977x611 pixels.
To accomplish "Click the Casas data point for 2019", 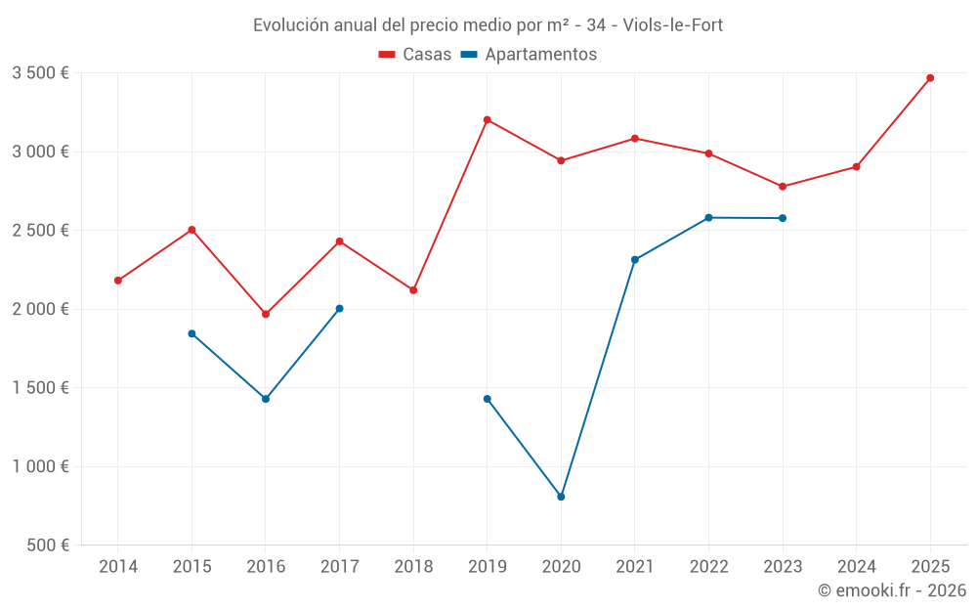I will coord(487,120).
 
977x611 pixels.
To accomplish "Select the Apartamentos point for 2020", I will coord(561,497).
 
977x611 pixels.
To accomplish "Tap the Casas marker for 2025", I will coord(930,78).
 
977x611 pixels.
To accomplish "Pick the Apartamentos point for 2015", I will coord(191,333).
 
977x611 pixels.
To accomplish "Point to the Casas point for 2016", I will coord(266,314).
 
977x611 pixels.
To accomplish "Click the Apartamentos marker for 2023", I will coord(783,218).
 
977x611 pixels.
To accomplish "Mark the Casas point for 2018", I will coord(413,290).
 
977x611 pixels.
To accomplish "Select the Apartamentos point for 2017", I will coord(339,308).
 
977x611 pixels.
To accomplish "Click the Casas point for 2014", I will coord(118,281).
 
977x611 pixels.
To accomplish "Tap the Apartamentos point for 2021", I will coord(635,259).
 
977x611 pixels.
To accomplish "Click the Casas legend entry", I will coord(416,55).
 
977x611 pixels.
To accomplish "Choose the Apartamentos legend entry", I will coord(529,55).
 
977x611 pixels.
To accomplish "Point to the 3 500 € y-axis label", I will coord(40,73).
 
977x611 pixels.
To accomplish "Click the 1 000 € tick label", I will coord(40,466).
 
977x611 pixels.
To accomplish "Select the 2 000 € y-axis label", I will coord(40,309).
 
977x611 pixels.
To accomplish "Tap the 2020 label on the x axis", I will coord(561,566).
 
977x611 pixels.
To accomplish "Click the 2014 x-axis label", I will coord(118,566).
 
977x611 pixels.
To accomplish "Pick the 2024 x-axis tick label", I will coord(856,566).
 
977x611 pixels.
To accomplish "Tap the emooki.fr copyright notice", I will coord(891,590).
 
